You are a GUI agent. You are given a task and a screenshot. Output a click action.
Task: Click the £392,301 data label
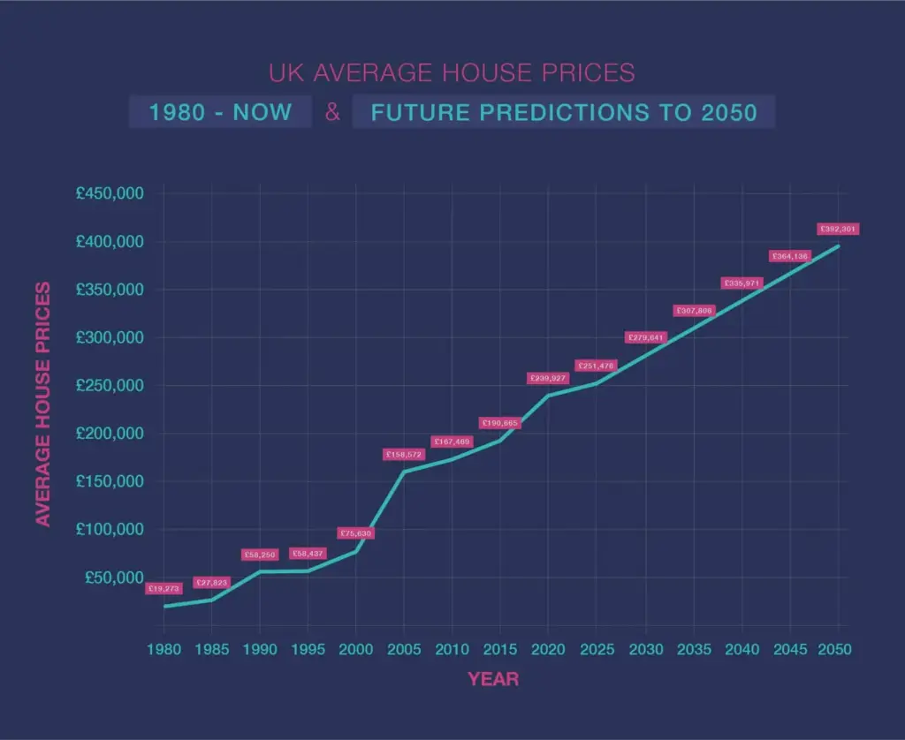point(838,230)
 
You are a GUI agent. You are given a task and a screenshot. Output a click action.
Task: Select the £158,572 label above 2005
point(404,455)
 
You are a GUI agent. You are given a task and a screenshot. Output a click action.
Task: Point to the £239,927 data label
point(548,378)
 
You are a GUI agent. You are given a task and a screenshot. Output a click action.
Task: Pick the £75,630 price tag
point(356,533)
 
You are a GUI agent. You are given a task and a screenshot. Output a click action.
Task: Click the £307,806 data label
point(695,311)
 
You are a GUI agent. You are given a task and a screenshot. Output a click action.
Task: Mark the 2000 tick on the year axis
point(356,650)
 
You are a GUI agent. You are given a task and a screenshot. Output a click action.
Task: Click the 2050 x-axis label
point(835,650)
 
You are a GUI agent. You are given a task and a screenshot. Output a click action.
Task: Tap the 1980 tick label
point(164,650)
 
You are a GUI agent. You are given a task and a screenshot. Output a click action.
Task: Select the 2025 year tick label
point(596,650)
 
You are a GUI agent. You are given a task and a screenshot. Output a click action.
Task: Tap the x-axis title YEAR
point(493,680)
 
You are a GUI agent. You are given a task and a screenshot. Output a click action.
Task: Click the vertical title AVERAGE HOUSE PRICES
point(42,404)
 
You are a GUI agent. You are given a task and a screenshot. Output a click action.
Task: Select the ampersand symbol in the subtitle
point(332,113)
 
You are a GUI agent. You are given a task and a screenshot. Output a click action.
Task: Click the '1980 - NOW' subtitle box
point(220,113)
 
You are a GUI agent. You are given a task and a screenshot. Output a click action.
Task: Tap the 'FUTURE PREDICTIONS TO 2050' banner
point(563,113)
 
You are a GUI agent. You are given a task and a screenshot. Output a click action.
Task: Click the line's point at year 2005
point(404,472)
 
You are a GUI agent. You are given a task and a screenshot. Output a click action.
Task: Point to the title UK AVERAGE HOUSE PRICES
point(452,72)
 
